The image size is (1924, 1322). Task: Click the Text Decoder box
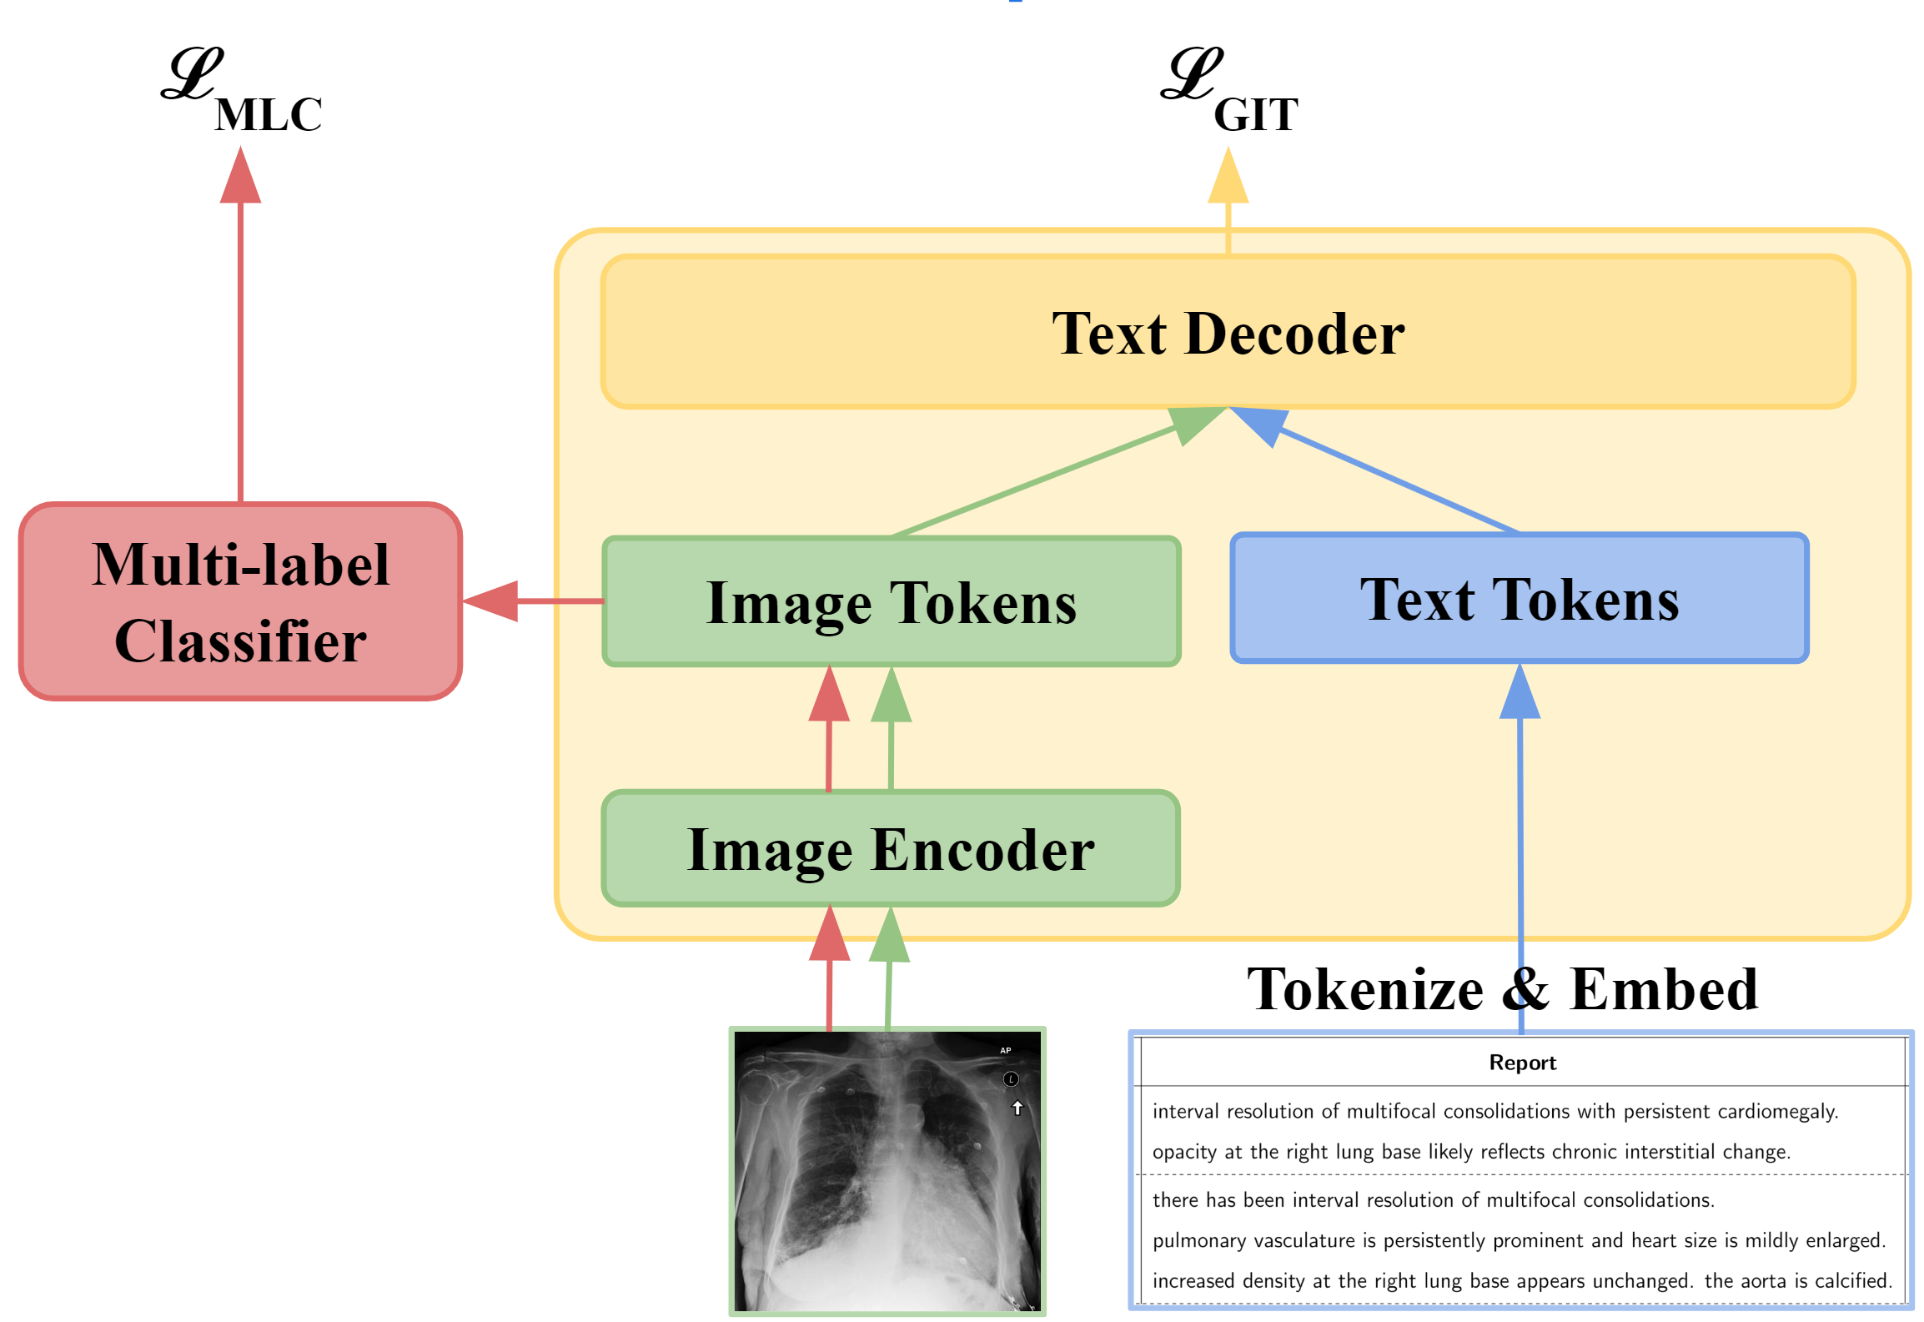(1228, 332)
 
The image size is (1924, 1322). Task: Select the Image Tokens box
(891, 601)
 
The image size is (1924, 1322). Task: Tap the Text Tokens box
(1519, 598)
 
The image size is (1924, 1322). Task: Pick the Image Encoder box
(890, 848)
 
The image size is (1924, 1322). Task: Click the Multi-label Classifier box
(240, 601)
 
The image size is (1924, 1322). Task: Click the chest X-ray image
(887, 1171)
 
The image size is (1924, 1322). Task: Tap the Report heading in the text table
(1522, 1063)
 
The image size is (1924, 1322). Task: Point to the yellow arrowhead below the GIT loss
(1228, 178)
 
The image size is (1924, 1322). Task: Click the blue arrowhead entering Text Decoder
(1263, 423)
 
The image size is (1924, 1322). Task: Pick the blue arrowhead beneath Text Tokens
(1520, 693)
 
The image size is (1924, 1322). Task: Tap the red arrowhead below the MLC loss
(240, 178)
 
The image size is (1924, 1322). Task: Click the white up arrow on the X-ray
(1017, 1108)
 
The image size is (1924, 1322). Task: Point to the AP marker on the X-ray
(1005, 1050)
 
